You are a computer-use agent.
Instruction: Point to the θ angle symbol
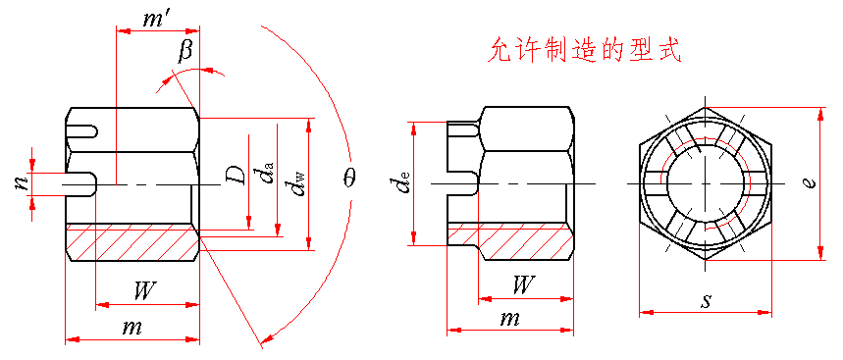pos(351,179)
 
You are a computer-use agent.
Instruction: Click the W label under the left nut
pos(144,291)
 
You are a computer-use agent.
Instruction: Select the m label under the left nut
pos(132,328)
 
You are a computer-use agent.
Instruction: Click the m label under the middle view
pos(508,320)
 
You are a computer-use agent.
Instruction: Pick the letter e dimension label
pos(811,182)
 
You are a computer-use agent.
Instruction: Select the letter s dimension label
pos(706,301)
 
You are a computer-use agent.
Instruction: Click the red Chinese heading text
pos(585,51)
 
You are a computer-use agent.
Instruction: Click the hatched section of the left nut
pos(132,243)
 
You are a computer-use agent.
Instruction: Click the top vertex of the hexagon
pos(705,107)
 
